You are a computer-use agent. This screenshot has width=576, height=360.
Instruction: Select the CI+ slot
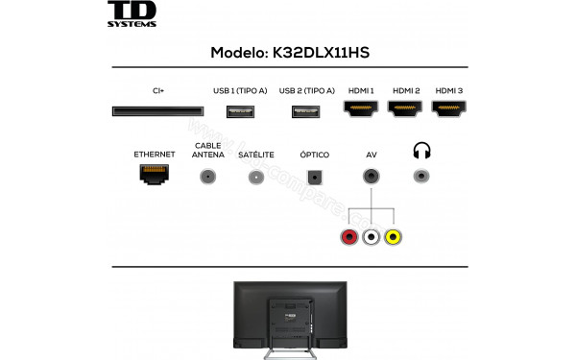158,112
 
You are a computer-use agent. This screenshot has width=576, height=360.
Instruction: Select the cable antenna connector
207,177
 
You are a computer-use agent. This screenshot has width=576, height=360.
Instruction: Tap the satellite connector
255,177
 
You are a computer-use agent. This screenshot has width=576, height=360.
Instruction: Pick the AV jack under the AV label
371,177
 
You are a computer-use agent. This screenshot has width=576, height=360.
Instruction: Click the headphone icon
421,151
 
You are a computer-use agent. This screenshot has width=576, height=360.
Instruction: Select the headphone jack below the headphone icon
421,177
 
